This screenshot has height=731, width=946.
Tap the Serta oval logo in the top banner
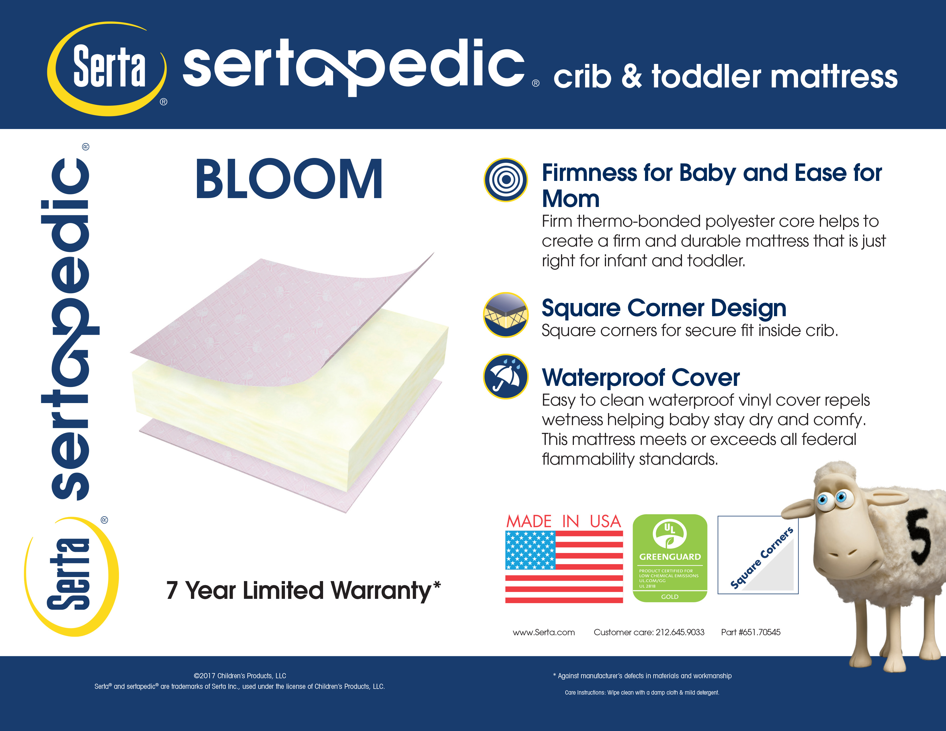click(107, 69)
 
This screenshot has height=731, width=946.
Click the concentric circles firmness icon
click(505, 180)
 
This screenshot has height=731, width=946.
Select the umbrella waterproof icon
click(505, 376)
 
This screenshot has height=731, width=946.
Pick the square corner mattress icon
click(505, 315)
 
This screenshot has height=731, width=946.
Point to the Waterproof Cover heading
click(641, 377)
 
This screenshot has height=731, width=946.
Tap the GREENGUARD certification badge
click(670, 558)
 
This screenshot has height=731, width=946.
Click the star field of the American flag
click(530, 550)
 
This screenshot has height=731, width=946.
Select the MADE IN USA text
click(564, 521)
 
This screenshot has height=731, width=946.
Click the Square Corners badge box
click(758, 555)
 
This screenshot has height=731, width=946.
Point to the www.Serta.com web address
click(544, 632)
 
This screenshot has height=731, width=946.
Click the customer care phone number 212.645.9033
click(680, 632)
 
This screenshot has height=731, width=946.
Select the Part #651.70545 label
click(751, 632)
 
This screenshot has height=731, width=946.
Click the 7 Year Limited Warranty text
click(304, 591)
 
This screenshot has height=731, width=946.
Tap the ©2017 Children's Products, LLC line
click(240, 676)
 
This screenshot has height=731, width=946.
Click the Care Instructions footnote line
click(642, 693)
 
